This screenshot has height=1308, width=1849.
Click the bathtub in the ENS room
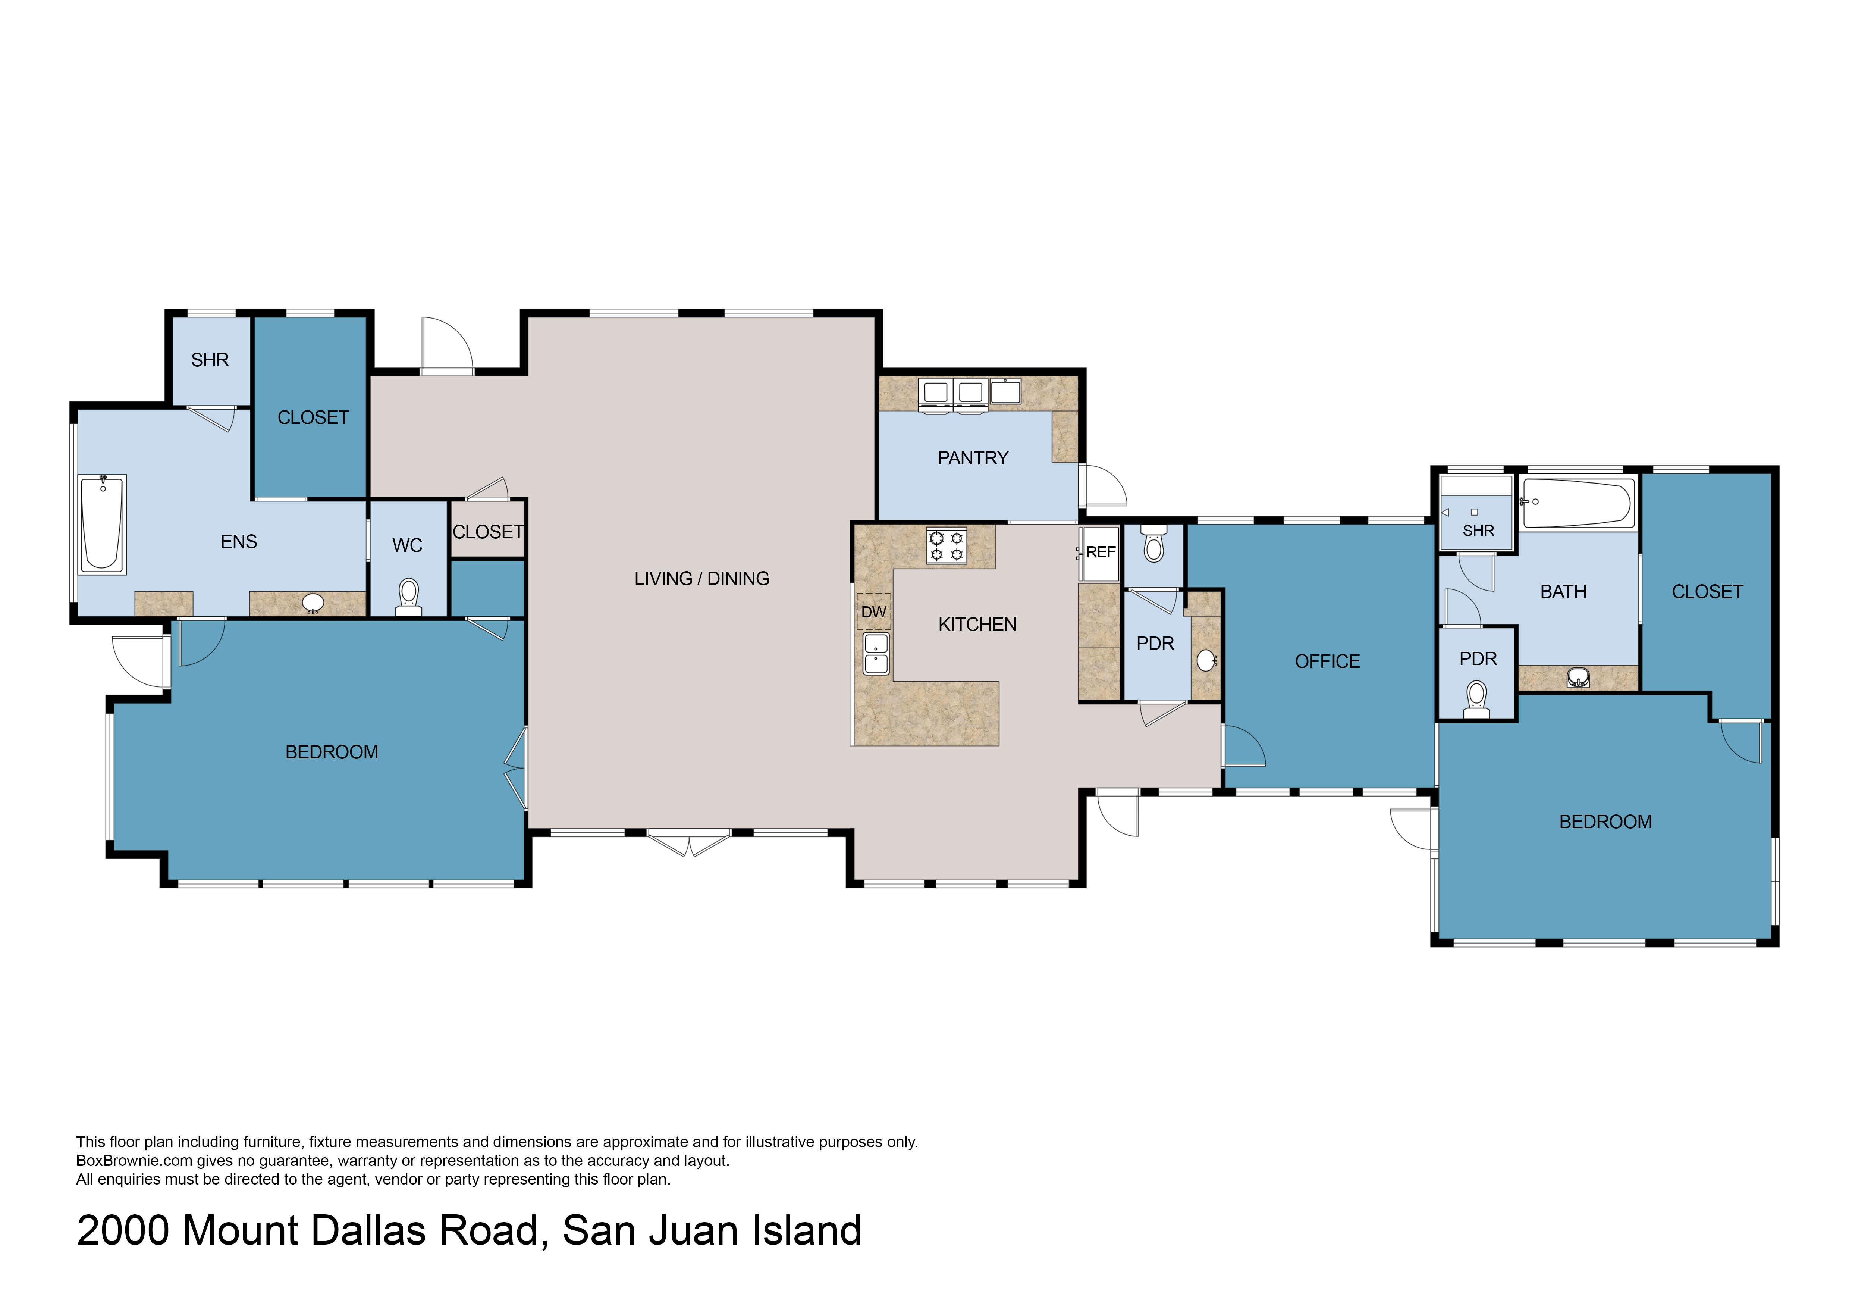click(x=102, y=524)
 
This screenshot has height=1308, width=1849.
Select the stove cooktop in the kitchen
click(x=946, y=545)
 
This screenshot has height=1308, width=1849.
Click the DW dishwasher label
click(x=874, y=612)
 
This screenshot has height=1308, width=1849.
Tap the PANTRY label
click(x=973, y=458)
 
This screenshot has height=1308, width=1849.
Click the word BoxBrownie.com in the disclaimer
click(x=135, y=1161)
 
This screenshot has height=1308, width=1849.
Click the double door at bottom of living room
click(x=689, y=842)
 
